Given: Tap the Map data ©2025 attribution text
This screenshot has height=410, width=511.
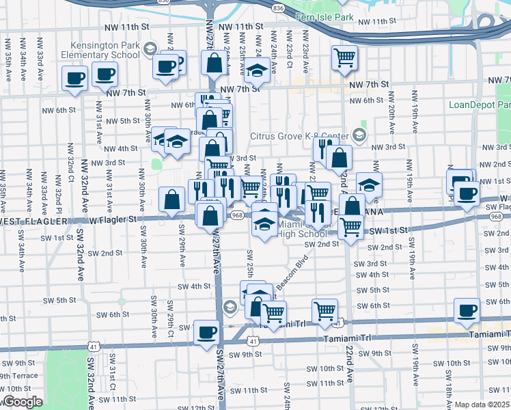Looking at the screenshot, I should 482,405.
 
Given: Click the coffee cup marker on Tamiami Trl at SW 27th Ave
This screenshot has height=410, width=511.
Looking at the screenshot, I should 206,333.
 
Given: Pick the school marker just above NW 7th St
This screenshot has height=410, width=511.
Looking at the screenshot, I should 258,70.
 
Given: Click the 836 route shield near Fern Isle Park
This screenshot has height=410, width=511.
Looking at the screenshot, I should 277,8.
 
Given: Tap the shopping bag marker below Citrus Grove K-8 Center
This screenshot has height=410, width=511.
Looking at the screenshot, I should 339,158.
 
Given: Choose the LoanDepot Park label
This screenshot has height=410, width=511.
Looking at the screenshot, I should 480,105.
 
